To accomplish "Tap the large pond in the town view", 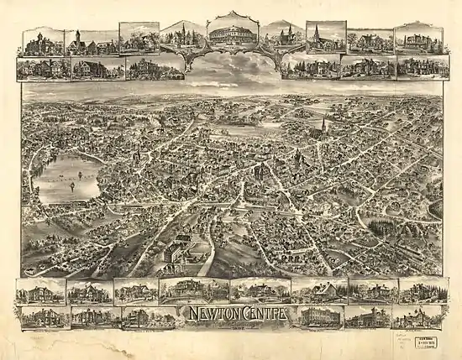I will coord(67,179).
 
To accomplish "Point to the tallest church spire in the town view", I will coord(323,126).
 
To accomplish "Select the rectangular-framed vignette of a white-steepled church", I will coord(326,37).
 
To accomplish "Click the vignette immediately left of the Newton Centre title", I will coord(149,317).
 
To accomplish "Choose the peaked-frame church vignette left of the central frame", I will coord(184,35).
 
